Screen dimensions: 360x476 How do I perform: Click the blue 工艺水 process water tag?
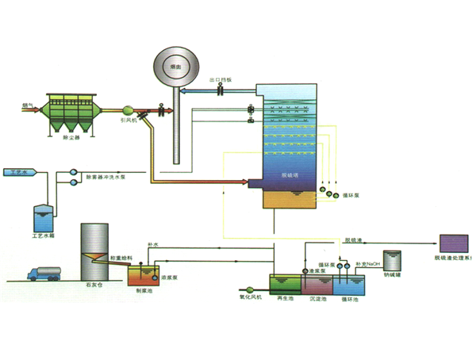17,171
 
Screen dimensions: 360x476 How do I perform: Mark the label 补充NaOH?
368,262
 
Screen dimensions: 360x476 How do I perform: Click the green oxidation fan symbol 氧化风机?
249,289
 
